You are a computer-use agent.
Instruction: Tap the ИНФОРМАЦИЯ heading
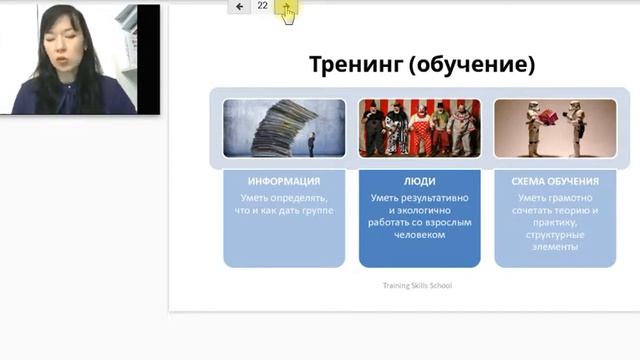point(284,181)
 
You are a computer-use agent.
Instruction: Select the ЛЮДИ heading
point(419,181)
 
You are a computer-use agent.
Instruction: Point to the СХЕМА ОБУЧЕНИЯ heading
point(555,181)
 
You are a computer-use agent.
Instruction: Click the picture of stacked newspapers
point(284,128)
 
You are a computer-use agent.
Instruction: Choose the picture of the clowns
point(419,128)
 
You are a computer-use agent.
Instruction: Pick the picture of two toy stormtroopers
point(555,128)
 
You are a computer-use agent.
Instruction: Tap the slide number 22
point(263,6)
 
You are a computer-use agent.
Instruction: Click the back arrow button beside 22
point(239,6)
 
